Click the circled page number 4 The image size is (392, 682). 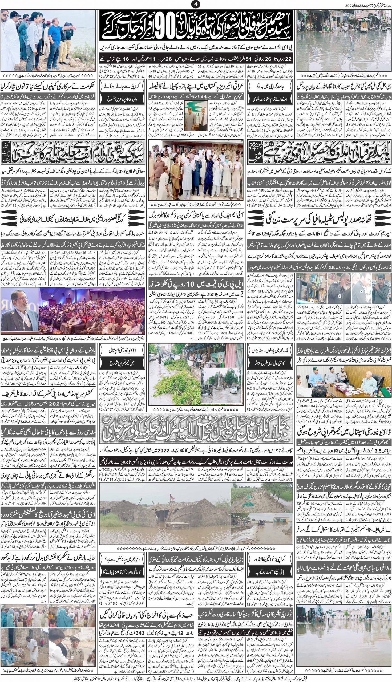click(196, 5)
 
